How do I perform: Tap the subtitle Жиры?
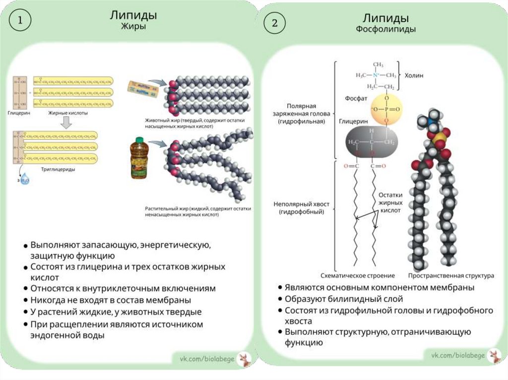tap(134, 27)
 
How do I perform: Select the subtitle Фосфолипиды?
tap(385, 29)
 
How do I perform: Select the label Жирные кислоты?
tap(68, 113)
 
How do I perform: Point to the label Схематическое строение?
tap(358, 275)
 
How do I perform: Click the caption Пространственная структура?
tap(451, 275)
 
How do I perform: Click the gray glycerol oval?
tap(371, 142)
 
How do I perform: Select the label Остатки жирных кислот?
tap(390, 202)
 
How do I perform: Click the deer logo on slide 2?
tap(494, 355)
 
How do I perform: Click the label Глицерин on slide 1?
tap(19, 113)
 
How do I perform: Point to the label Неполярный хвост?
tap(301, 208)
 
